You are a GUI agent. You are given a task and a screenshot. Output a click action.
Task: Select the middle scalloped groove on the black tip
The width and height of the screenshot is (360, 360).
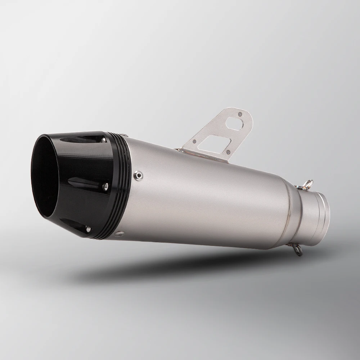coord(86,183)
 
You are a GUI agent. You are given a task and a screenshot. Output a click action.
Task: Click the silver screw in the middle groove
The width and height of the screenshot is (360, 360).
coord(105,186)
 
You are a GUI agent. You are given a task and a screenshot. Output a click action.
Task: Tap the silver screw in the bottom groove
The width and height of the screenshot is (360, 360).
coord(88,228)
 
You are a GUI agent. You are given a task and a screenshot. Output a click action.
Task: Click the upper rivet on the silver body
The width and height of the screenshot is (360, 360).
coord(137,175)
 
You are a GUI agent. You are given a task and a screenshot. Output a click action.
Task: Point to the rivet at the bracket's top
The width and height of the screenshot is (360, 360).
coord(240,114)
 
